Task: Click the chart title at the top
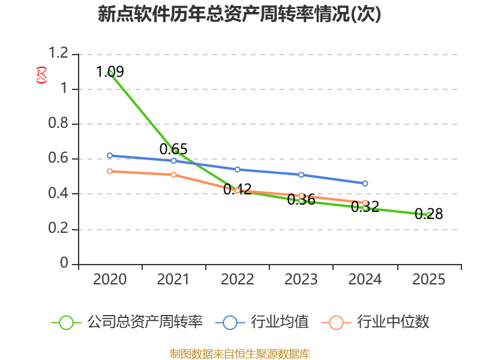pos(239,14)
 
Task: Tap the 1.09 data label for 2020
pos(110,71)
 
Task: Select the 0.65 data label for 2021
pos(173,149)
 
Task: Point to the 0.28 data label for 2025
pos(429,214)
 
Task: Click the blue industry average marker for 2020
pos(110,155)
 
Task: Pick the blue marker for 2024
pos(365,184)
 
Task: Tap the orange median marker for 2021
pos(173,175)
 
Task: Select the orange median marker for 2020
pos(110,172)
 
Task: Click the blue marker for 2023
pos(301,175)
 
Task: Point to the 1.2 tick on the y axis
pos(58,53)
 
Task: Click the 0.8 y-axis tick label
pos(58,123)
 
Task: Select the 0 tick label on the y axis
pos(64,263)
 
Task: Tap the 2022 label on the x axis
pos(237,280)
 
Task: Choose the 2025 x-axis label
pos(428,280)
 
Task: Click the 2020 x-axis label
pos(110,280)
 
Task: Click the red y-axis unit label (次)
pos(41,75)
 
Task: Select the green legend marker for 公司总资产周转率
pos(66,323)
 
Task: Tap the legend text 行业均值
pos(280,322)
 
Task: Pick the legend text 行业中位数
pos(394,322)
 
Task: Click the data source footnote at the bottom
pos(240,354)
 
